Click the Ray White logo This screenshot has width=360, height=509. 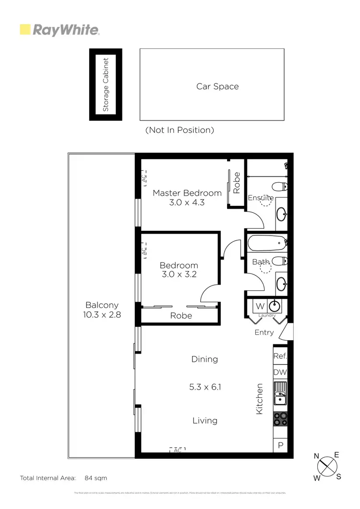(x=59, y=30)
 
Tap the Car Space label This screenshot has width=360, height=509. (x=217, y=86)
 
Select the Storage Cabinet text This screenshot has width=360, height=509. (x=106, y=84)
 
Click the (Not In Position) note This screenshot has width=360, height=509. (x=180, y=130)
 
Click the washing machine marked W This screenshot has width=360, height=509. (x=260, y=306)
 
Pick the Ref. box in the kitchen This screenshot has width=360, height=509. (x=280, y=356)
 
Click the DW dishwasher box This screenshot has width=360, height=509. (x=280, y=372)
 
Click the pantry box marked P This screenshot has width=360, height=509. (x=280, y=445)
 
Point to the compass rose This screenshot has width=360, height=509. (x=326, y=465)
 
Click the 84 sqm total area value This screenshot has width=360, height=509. (x=96, y=478)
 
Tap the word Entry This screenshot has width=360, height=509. (x=264, y=332)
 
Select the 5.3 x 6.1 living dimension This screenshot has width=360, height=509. (x=205, y=387)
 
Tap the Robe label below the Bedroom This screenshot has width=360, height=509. (x=181, y=315)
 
